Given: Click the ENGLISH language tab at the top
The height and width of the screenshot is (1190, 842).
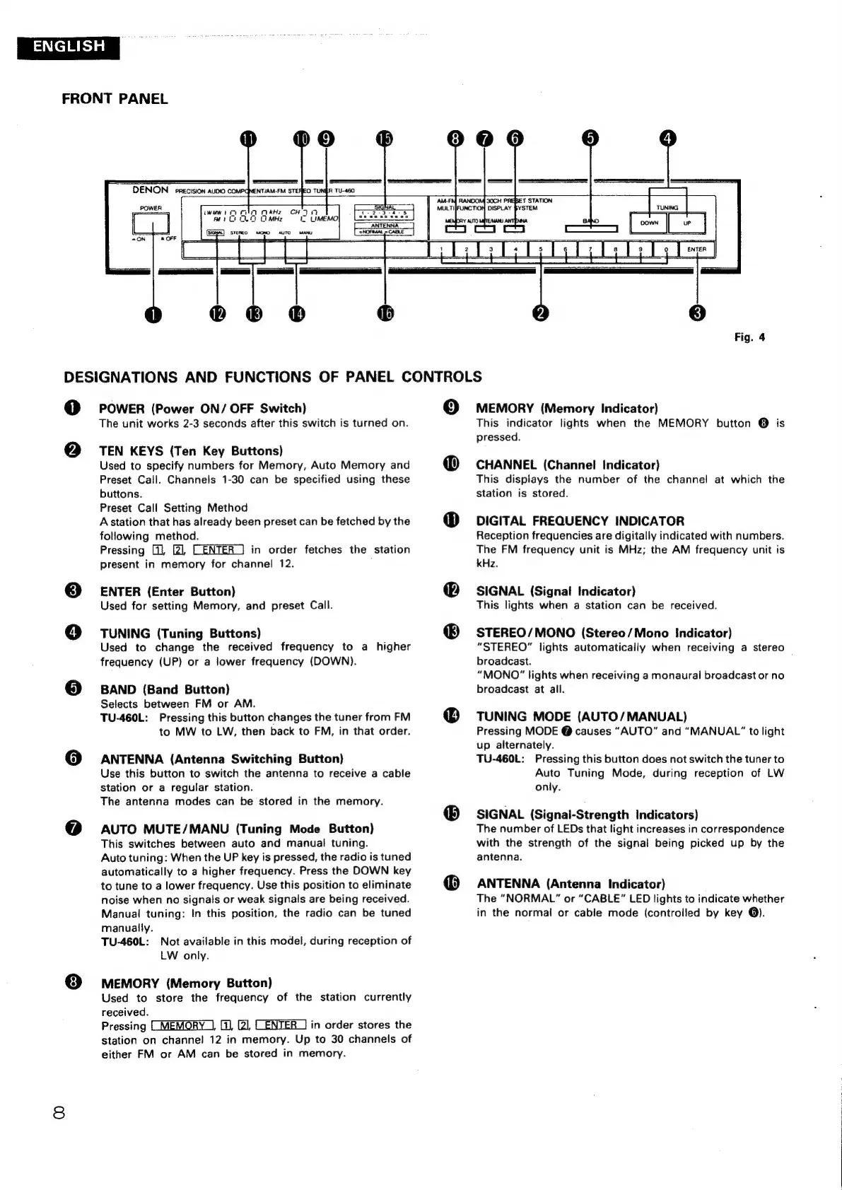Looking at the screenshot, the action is (x=69, y=47).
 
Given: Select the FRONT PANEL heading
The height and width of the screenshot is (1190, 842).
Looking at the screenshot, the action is (x=115, y=99).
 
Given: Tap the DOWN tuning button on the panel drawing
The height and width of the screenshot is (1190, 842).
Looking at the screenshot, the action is (x=649, y=223).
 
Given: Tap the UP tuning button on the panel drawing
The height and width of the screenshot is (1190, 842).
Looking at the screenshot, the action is (x=687, y=223).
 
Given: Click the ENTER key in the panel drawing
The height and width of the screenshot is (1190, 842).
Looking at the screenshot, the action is (x=696, y=250).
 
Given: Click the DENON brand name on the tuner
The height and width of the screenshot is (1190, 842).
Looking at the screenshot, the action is (x=150, y=190).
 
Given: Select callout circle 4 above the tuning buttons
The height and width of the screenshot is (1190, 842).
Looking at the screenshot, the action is (x=668, y=139).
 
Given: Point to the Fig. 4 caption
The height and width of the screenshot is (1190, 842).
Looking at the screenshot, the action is (x=749, y=337).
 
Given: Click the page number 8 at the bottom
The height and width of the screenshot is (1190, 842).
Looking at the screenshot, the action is (x=59, y=1113).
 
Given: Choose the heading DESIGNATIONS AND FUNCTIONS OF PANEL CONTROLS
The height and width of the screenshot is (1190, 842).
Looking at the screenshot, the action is (x=273, y=377).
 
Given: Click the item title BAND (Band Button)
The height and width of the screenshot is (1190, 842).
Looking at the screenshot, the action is (x=165, y=689).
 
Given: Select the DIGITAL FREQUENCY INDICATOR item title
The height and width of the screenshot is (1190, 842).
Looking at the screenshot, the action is (x=580, y=521).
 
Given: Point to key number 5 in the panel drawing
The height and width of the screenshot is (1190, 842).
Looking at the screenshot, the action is (x=541, y=250).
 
